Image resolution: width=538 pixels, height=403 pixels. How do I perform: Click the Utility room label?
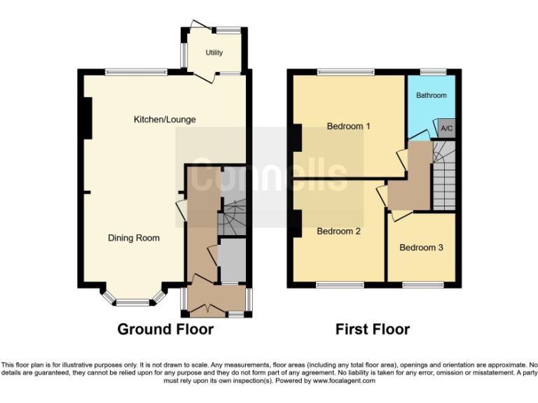(x=214, y=53)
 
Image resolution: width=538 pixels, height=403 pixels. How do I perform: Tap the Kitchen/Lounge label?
(x=165, y=120)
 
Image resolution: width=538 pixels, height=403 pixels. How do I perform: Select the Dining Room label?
(x=134, y=238)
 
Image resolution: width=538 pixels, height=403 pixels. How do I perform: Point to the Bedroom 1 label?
(x=348, y=127)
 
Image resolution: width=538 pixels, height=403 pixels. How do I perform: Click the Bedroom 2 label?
(x=338, y=231)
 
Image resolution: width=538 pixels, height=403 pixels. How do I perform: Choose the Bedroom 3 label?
(x=421, y=247)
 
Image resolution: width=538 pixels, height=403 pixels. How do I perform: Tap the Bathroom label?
(x=431, y=95)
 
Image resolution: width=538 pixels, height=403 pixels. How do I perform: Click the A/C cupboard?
(x=446, y=129)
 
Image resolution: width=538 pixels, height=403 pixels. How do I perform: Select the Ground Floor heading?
(x=165, y=329)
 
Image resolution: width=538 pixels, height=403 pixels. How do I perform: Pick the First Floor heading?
(x=373, y=329)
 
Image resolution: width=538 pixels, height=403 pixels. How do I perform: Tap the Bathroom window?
(x=434, y=71)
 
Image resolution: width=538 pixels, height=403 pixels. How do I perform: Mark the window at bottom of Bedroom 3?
(x=423, y=285)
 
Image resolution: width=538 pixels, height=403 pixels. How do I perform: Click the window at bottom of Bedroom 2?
(x=340, y=285)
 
